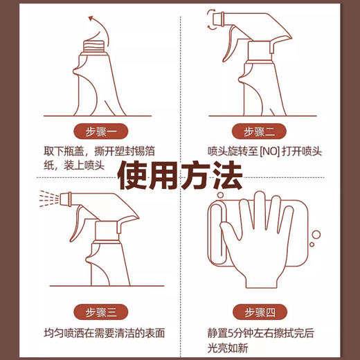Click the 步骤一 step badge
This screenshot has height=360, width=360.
[100, 132]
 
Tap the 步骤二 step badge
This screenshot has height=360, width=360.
[259, 132]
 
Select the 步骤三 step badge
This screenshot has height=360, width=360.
[100, 312]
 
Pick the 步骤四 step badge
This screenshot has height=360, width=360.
[260, 312]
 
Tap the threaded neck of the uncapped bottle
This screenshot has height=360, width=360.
[96, 46]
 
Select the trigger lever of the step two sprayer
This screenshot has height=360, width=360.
[230, 44]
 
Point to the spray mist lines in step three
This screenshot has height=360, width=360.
[49, 199]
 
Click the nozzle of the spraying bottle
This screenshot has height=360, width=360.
[65, 199]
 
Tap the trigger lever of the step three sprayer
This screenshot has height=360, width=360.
[78, 224]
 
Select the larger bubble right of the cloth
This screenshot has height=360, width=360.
[316, 235]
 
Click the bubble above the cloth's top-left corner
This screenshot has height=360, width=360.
[220, 195]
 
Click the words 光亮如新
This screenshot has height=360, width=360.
[228, 348]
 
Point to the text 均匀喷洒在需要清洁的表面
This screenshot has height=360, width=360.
[105, 333]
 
